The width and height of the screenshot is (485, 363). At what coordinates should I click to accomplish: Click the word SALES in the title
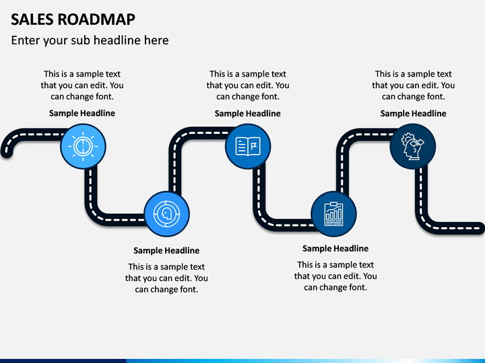[32, 19]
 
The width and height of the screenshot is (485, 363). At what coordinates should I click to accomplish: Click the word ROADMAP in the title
[96, 19]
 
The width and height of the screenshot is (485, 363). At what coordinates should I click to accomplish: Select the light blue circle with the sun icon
[83, 147]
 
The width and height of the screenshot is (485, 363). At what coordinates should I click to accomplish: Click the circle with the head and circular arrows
[167, 214]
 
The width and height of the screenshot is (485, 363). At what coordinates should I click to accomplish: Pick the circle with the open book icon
[248, 147]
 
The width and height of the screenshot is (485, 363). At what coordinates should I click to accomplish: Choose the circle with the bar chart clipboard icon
[333, 214]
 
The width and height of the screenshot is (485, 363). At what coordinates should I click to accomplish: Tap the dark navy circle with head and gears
[413, 147]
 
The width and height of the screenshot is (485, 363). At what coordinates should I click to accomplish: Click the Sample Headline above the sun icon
[82, 114]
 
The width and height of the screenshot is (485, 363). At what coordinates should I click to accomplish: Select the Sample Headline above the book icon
[247, 114]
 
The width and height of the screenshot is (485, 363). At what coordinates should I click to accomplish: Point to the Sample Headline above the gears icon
[413, 114]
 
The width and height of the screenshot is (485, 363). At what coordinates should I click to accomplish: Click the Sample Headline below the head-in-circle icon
[166, 251]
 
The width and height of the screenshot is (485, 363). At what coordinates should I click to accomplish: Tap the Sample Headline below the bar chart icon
[335, 249]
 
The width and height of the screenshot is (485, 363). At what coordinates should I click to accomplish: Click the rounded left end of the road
[7, 152]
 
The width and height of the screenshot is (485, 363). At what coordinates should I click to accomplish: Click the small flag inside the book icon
[254, 146]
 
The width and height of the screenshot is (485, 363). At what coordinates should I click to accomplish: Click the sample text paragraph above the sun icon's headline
[82, 85]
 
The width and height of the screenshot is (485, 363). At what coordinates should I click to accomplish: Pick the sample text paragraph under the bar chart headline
[335, 276]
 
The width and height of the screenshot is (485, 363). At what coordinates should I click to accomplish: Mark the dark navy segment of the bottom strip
[63, 361]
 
